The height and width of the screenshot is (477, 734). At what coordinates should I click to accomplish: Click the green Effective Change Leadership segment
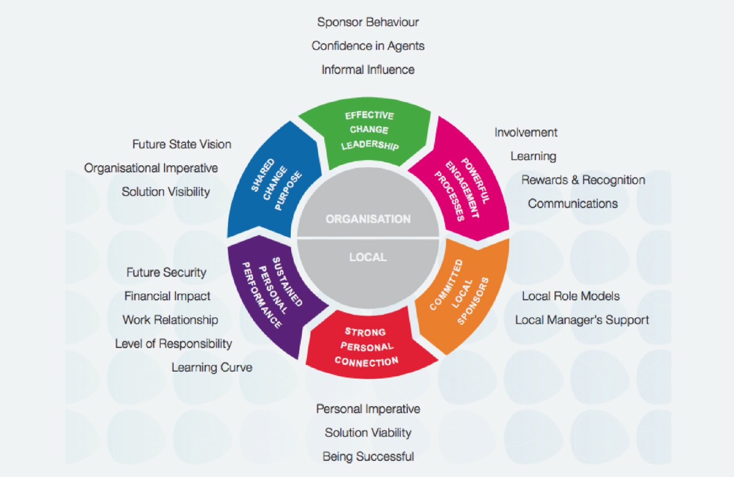pyautogui.click(x=369, y=130)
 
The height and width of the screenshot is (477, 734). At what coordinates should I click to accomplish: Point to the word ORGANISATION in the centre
pyautogui.click(x=368, y=219)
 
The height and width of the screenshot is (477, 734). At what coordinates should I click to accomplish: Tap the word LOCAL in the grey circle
pyautogui.click(x=368, y=257)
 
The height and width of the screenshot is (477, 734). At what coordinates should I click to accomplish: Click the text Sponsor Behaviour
pyautogui.click(x=368, y=22)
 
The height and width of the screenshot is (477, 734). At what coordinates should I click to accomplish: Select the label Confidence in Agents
pyautogui.click(x=368, y=46)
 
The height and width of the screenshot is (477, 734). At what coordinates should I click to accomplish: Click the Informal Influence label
pyautogui.click(x=368, y=69)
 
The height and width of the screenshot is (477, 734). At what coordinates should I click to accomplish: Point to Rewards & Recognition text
pyautogui.click(x=583, y=180)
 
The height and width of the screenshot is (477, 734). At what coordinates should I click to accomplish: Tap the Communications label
pyautogui.click(x=573, y=203)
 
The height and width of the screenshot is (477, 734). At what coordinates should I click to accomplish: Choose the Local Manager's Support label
pyautogui.click(x=582, y=320)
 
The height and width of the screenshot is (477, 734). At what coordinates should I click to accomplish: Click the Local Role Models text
pyautogui.click(x=571, y=296)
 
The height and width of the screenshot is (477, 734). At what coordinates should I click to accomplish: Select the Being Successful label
pyautogui.click(x=368, y=457)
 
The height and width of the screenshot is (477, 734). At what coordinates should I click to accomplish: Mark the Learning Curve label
pyautogui.click(x=212, y=368)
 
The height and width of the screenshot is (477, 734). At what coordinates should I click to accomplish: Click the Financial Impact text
pyautogui.click(x=167, y=296)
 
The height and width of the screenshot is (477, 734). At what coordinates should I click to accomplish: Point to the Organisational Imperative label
pyautogui.click(x=151, y=168)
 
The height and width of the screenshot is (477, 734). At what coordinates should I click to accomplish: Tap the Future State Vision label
pyautogui.click(x=182, y=144)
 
